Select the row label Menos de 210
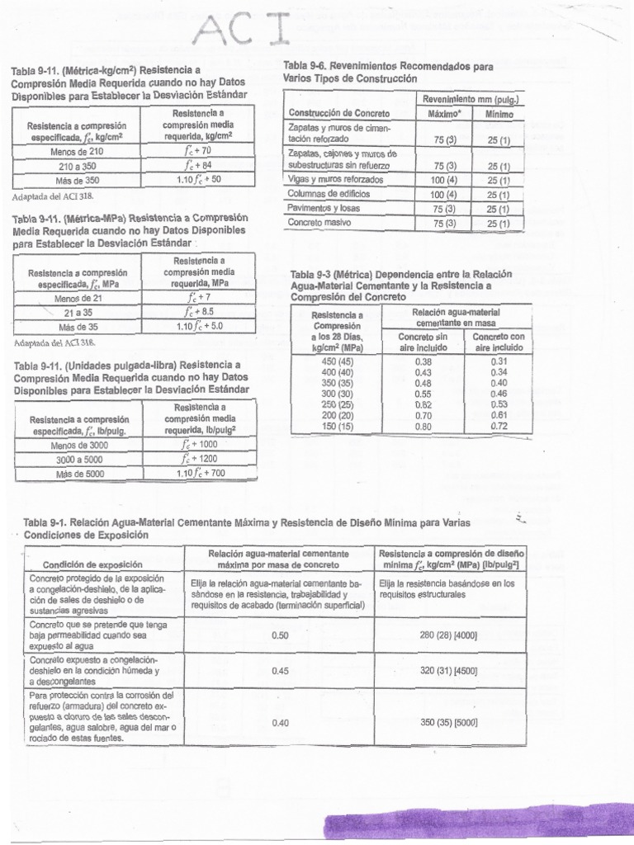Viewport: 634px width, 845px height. click(x=78, y=152)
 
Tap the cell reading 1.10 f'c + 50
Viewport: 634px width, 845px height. click(x=199, y=178)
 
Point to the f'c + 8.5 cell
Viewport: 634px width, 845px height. click(x=199, y=312)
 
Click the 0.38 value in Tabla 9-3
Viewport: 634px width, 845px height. click(x=424, y=361)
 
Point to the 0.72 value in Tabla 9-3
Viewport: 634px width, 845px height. click(x=499, y=426)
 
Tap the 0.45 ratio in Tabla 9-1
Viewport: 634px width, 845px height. click(x=280, y=671)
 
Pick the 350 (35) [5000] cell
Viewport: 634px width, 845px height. click(x=449, y=722)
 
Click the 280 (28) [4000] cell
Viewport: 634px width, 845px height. click(x=449, y=635)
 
